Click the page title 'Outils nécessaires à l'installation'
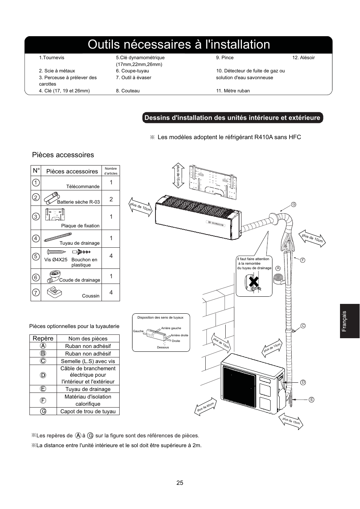coord(179,44)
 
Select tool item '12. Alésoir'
coord(303,58)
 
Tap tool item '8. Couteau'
coord(128,91)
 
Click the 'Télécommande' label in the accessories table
coord(83,186)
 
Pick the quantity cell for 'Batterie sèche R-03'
coord(111,199)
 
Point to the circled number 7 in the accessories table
coord(36,293)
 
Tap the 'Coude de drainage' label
coord(80,280)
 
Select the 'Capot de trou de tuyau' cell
coord(88,411)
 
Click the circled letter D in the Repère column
coord(43,375)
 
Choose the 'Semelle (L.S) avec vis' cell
coord(88,361)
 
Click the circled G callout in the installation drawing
coord(293,204)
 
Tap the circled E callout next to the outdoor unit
coord(312,399)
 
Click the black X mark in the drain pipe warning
coord(254,281)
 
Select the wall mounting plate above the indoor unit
coord(214,181)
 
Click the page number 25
coord(180,483)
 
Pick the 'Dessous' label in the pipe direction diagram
coord(163,347)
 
